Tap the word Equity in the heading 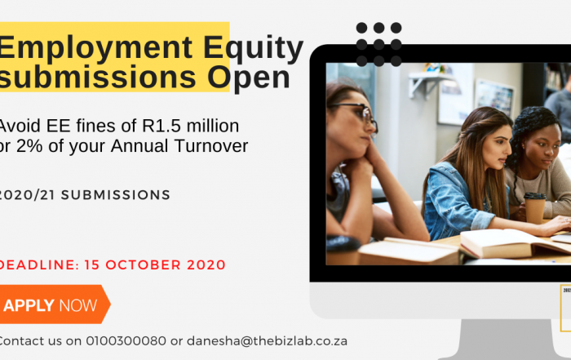(x=253, y=48)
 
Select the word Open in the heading (x=249, y=78)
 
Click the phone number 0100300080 (x=126, y=341)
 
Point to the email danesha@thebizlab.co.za (x=267, y=341)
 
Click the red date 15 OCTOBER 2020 (x=155, y=265)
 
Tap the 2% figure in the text (x=29, y=146)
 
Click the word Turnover (x=211, y=146)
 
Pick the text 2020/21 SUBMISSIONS (x=85, y=195)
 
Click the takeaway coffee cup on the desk (x=534, y=207)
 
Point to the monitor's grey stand (x=507, y=340)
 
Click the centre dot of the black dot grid (x=378, y=44)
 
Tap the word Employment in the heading (x=95, y=48)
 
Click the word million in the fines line (x=213, y=126)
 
